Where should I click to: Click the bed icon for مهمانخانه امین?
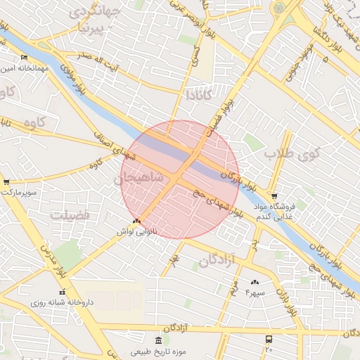pos(25,57)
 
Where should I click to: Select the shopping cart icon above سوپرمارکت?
pos(6,181)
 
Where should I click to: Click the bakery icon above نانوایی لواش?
pos(136,221)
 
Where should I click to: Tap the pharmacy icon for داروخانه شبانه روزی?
pos(62,292)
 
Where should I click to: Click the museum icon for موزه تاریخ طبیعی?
pos(157,341)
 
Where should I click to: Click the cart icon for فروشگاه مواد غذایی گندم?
pos(274,196)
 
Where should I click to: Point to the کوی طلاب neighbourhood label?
pos(292,152)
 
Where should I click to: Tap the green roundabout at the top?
pos(279,8)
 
